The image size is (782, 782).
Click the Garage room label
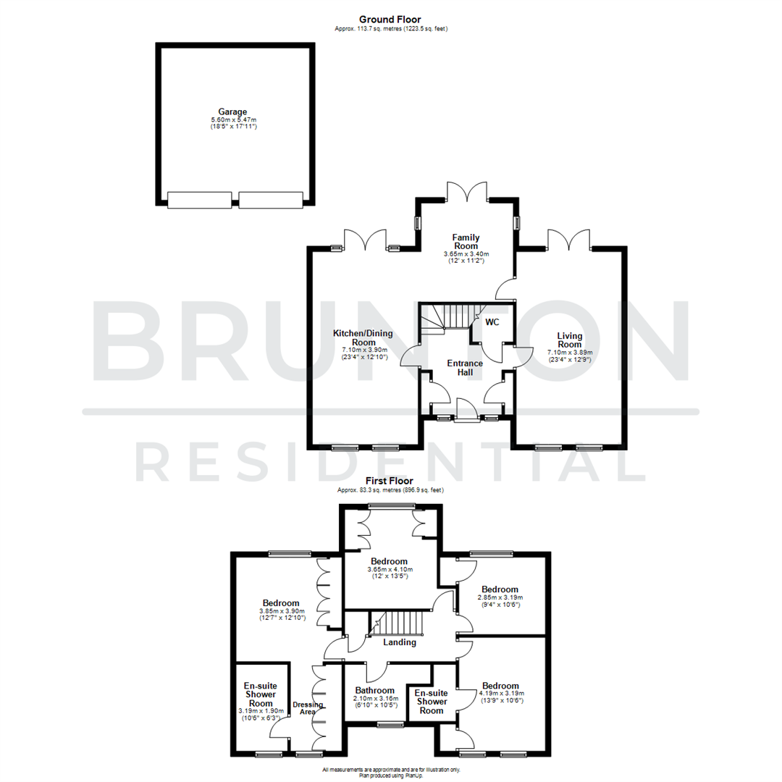[x=233, y=112]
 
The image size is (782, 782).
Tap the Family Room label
[x=466, y=242]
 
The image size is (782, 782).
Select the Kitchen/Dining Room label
[x=355, y=337]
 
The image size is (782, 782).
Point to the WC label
[x=492, y=321]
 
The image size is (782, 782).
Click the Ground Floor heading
[x=390, y=20]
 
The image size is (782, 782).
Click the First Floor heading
[x=390, y=481]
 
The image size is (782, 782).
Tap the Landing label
[x=399, y=642]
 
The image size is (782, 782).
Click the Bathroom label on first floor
[x=374, y=690]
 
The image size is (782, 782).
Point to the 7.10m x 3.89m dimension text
[x=569, y=353]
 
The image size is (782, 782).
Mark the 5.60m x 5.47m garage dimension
[x=233, y=119]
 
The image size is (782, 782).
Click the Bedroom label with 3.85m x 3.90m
[x=281, y=603]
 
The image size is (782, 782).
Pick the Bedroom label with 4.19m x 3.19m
[x=500, y=686]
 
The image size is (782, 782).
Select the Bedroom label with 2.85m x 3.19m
[x=500, y=589]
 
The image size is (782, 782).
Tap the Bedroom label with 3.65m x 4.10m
[x=389, y=561]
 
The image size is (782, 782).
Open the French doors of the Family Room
[x=466, y=192]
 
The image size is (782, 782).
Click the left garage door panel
[x=199, y=200]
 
